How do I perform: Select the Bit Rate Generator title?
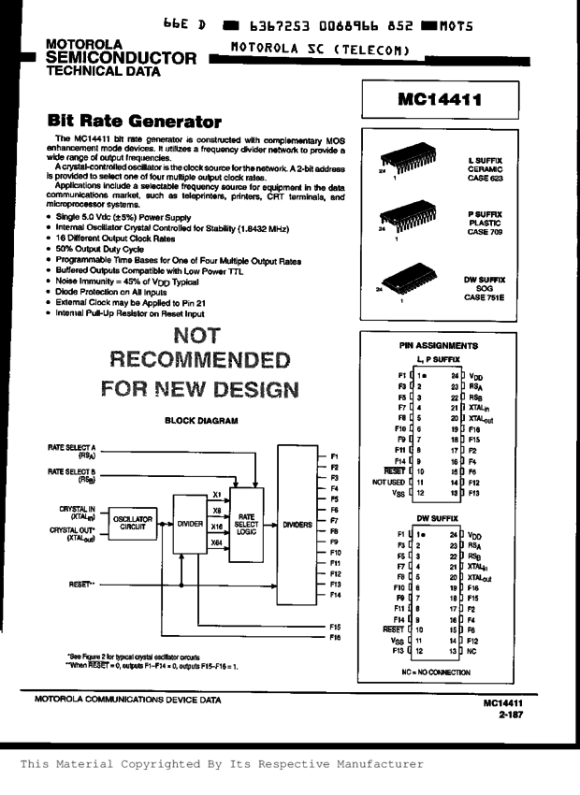[134, 122]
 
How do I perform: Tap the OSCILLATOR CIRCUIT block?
[133, 524]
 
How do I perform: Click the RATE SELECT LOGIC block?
[247, 525]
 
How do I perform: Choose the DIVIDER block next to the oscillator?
[190, 525]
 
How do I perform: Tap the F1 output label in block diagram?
[334, 455]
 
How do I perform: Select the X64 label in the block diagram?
[217, 541]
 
